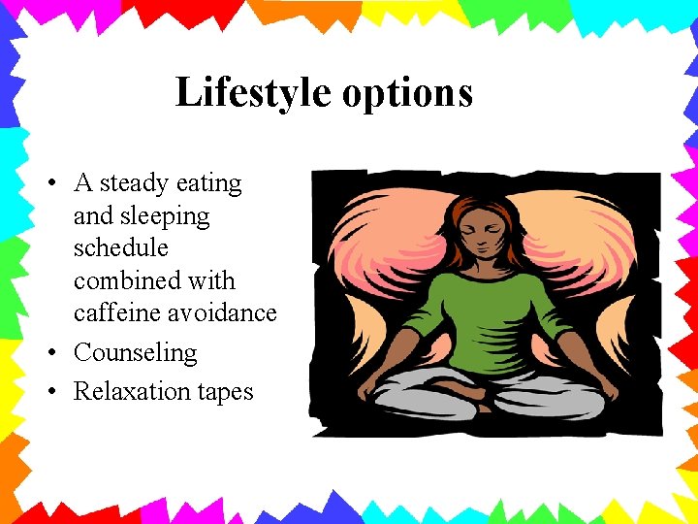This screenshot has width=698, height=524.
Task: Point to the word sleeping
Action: click(164, 215)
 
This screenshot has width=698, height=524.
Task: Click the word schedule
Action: click(120, 247)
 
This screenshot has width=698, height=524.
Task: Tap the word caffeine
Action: click(115, 313)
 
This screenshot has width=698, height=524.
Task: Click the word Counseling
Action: click(135, 352)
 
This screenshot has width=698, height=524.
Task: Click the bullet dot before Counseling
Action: click(55, 352)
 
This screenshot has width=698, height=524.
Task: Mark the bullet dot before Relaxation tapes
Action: click(55, 391)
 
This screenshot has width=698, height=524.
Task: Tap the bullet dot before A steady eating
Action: click(55, 182)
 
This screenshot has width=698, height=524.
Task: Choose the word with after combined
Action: click(214, 280)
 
